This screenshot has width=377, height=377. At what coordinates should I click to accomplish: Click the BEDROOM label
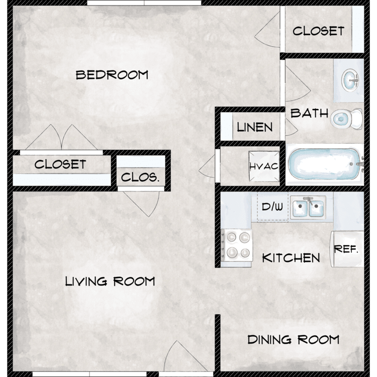click(112, 75)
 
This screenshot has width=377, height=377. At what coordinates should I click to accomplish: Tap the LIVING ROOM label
click(110, 281)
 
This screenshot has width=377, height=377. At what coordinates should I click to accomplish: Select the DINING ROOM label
click(294, 339)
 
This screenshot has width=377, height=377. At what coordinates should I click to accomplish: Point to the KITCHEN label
click(291, 258)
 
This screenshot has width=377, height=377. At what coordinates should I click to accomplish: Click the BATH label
click(310, 113)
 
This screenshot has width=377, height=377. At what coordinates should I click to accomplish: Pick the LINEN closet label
click(255, 127)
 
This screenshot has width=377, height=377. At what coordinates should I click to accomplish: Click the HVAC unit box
click(264, 166)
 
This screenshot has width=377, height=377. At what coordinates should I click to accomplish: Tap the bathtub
click(325, 164)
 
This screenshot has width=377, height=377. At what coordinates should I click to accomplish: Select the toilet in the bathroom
click(346, 119)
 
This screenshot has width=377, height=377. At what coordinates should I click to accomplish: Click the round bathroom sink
click(350, 80)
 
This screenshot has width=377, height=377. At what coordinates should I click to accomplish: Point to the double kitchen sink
click(308, 207)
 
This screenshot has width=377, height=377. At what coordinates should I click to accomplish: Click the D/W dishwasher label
click(272, 207)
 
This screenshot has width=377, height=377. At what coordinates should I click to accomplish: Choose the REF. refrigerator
click(347, 249)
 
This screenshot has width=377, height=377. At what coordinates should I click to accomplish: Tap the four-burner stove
click(237, 245)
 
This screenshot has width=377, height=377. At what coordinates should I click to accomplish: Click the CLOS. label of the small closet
click(140, 177)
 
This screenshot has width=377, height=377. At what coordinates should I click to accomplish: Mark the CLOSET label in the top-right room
click(318, 31)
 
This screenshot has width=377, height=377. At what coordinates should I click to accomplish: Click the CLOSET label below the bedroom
click(60, 164)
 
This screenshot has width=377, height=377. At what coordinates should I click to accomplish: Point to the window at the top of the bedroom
click(144, 3)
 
